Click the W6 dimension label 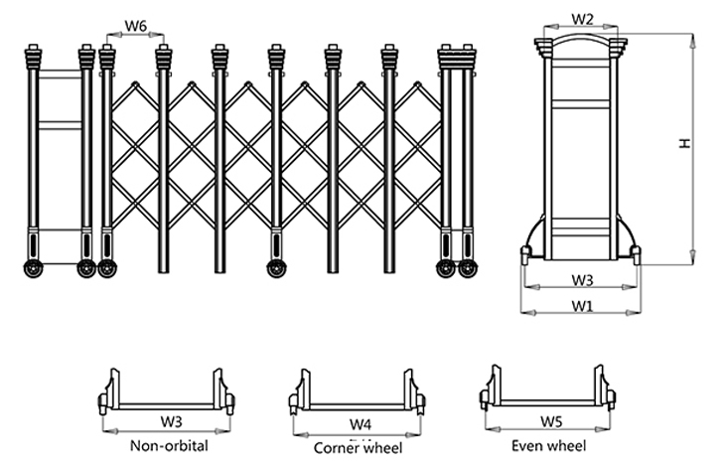pyautogui.click(x=136, y=24)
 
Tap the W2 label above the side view pyautogui.click(x=583, y=19)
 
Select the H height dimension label pyautogui.click(x=684, y=145)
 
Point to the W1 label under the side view pyautogui.click(x=583, y=305)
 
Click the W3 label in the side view pyautogui.click(x=583, y=280)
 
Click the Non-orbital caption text pyautogui.click(x=166, y=445)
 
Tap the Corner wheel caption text pyautogui.click(x=359, y=447)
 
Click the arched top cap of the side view pyautogui.click(x=583, y=42)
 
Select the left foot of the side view pyautogui.click(x=525, y=255)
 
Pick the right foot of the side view pyautogui.click(x=637, y=255)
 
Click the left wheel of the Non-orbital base pyautogui.click(x=103, y=402)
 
